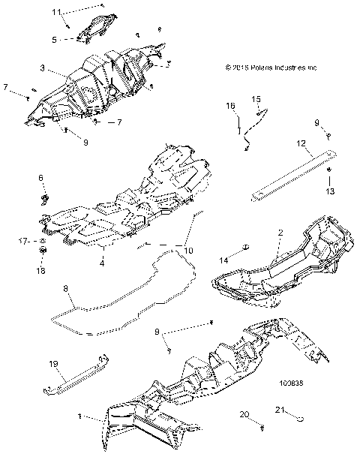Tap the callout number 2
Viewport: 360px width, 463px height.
coord(279,233)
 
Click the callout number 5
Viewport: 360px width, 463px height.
coord(75,39)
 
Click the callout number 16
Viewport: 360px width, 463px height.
coord(231,106)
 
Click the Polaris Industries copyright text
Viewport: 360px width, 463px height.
coord(271,67)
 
